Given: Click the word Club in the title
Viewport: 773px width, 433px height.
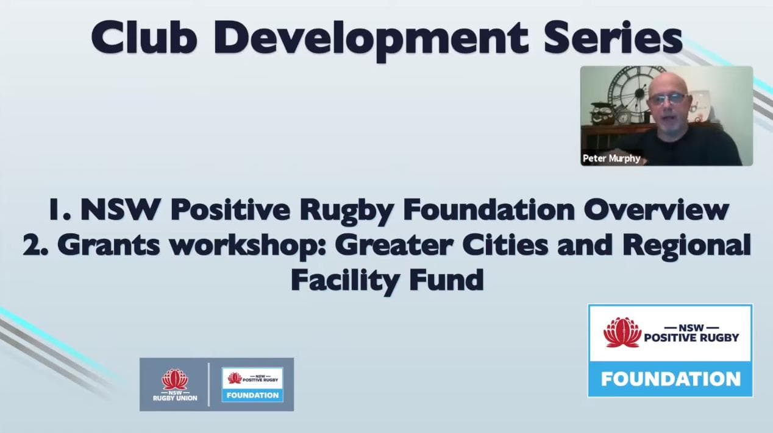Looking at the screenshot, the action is point(144,37).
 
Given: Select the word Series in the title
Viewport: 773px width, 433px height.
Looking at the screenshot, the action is point(613,37).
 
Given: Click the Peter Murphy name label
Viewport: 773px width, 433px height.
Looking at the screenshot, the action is point(611,158).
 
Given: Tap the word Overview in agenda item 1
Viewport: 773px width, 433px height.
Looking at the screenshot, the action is point(657,210).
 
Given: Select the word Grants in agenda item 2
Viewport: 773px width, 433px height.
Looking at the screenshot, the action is point(109,244).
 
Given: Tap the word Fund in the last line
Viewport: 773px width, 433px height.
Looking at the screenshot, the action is point(446,280).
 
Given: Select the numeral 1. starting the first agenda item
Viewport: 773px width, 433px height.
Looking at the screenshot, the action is point(60,210).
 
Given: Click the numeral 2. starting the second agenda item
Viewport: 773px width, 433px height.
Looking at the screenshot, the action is point(35,245).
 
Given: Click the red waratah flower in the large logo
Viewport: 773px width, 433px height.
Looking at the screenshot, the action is point(622,333).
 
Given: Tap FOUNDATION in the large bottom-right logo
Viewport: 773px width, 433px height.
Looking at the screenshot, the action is point(671,379).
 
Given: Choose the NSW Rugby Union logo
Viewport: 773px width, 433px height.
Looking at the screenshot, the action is point(175,385).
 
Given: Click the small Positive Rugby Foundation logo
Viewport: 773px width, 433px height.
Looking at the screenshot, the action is point(252,385).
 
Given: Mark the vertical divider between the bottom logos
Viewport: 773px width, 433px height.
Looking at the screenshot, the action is point(208,385).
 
